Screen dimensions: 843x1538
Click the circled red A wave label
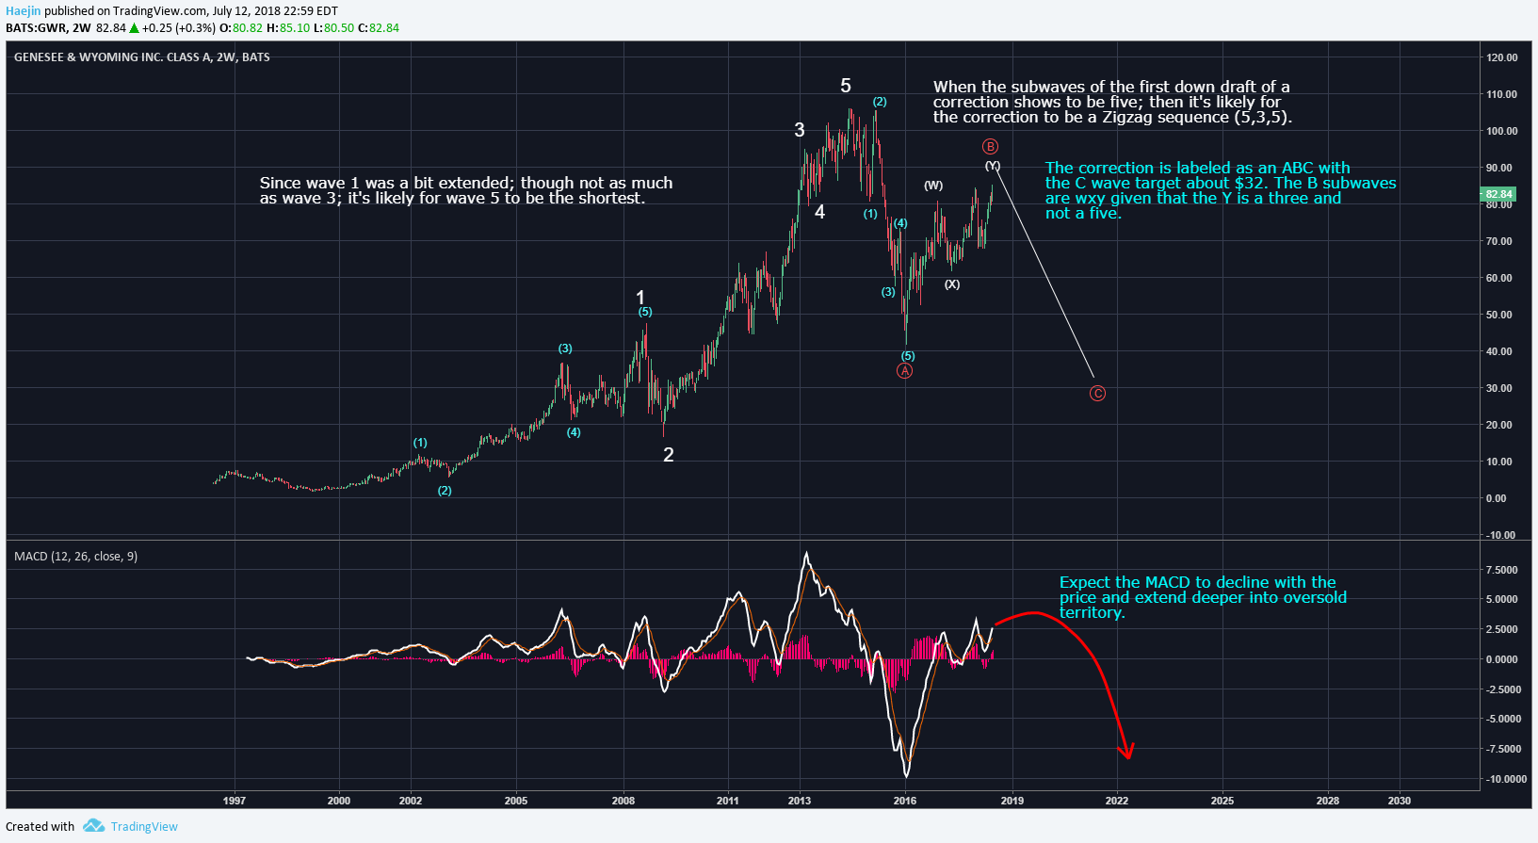(904, 371)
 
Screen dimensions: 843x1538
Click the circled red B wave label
(990, 146)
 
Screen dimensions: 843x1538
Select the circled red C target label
(1097, 394)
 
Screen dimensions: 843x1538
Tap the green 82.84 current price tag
(1498, 195)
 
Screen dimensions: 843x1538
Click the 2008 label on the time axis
(623, 801)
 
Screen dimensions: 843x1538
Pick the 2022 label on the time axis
(1116, 801)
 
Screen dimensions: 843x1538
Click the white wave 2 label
(669, 455)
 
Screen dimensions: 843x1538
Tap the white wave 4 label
(819, 213)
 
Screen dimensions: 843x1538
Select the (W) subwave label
(932, 186)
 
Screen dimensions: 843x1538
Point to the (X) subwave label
(952, 284)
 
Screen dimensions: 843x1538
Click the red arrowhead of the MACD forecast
(1125, 751)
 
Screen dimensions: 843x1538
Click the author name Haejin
(23, 11)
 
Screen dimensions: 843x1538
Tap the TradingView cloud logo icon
(93, 826)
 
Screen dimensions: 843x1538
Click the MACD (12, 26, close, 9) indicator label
(75, 557)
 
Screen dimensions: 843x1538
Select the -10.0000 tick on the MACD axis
(1506, 779)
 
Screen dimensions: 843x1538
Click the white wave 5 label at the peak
(846, 86)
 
